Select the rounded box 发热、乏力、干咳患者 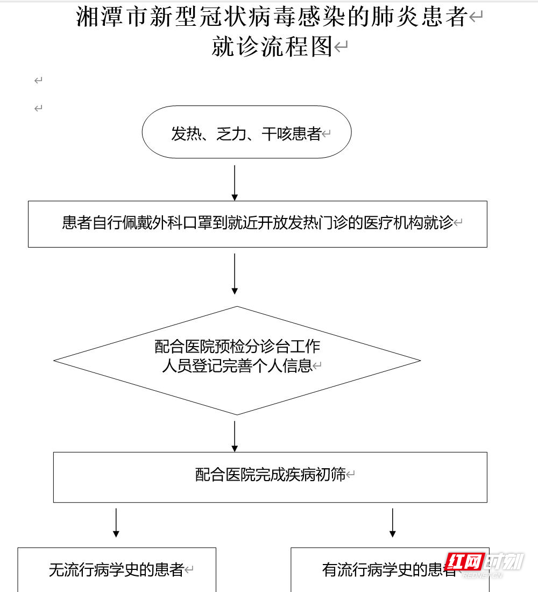246,133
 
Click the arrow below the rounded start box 235,182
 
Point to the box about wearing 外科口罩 257,223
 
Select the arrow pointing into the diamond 235,274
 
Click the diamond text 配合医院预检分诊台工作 237,346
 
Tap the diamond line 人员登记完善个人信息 237,366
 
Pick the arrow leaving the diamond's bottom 235,436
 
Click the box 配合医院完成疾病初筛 270,475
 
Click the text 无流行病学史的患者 116,570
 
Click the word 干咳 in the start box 276,133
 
